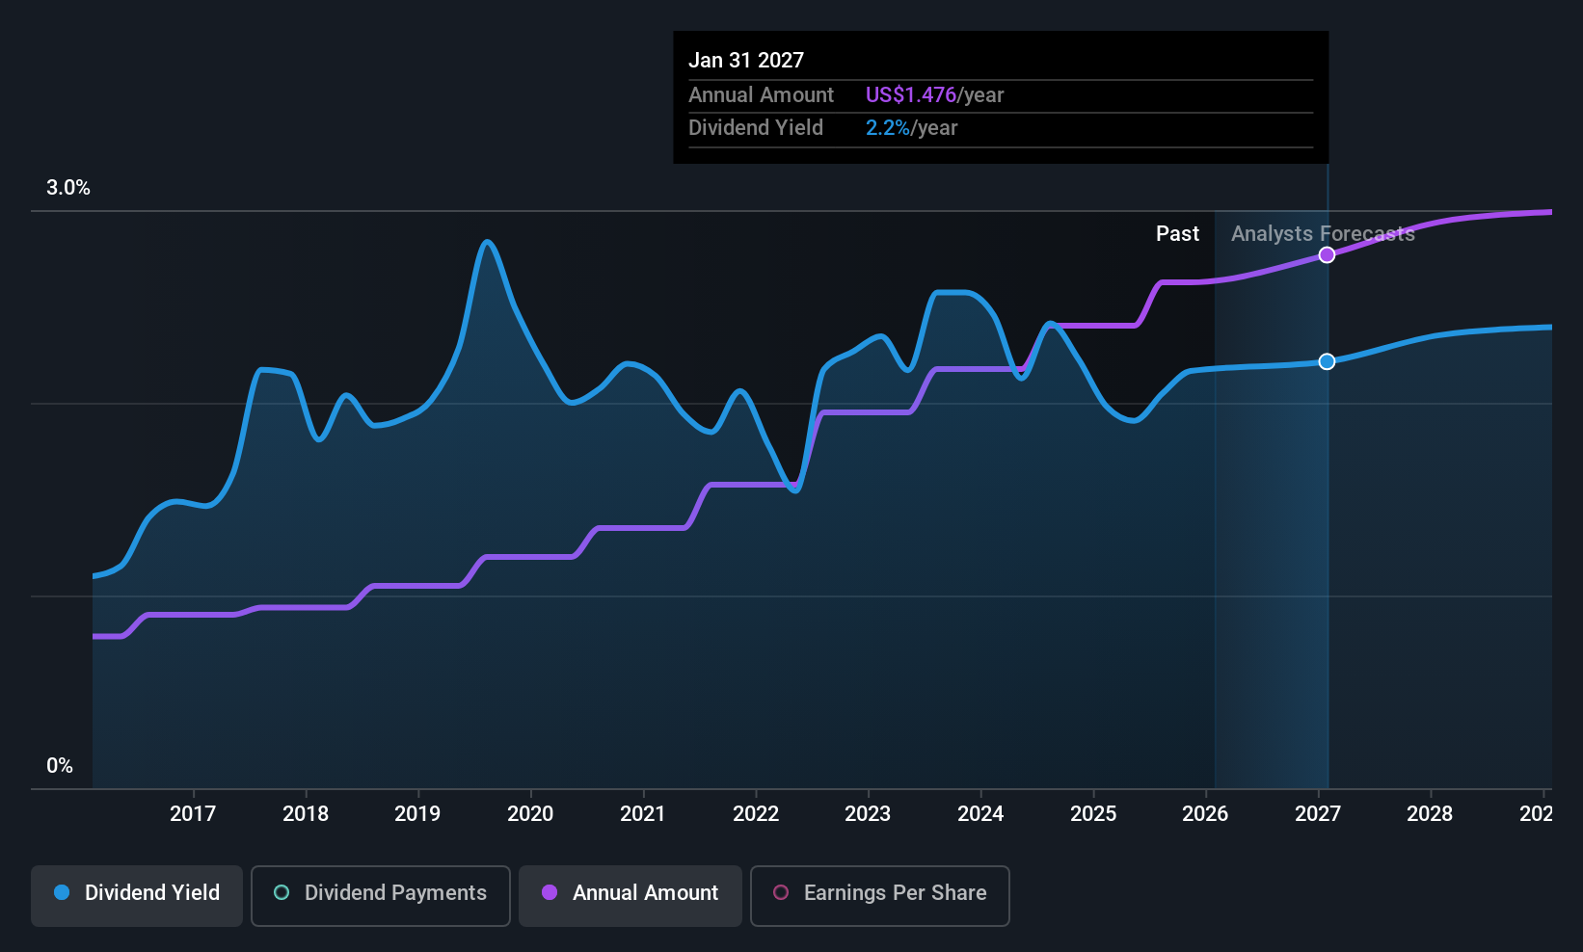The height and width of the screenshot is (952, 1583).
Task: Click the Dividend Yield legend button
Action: [136, 895]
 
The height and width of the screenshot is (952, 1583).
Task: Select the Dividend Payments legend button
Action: [380, 895]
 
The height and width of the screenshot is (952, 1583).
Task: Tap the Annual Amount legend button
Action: [631, 895]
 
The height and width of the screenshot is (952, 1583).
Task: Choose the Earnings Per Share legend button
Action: [880, 895]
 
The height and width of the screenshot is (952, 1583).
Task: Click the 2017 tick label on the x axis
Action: [193, 813]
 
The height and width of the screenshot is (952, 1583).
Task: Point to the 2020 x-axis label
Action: [530, 813]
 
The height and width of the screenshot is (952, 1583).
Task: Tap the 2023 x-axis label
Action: [868, 813]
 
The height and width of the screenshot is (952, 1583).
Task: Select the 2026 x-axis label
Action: [1205, 813]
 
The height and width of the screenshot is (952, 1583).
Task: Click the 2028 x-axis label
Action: [1430, 813]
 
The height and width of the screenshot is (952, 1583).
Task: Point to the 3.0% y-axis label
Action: [67, 188]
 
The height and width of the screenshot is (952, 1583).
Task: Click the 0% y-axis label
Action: [60, 766]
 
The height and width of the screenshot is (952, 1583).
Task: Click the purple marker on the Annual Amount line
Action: [1327, 255]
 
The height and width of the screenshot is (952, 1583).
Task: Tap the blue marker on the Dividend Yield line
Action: [1327, 361]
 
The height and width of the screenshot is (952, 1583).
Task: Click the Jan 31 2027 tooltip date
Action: [745, 60]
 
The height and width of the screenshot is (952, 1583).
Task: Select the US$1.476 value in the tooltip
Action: [910, 94]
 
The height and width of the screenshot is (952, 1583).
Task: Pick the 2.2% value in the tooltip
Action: [888, 128]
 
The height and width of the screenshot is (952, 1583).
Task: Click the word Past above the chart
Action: [1177, 234]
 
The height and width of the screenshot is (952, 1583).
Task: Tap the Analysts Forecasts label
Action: [1323, 234]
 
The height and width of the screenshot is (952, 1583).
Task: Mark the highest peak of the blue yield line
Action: [487, 242]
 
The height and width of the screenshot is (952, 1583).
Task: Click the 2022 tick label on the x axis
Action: [756, 813]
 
